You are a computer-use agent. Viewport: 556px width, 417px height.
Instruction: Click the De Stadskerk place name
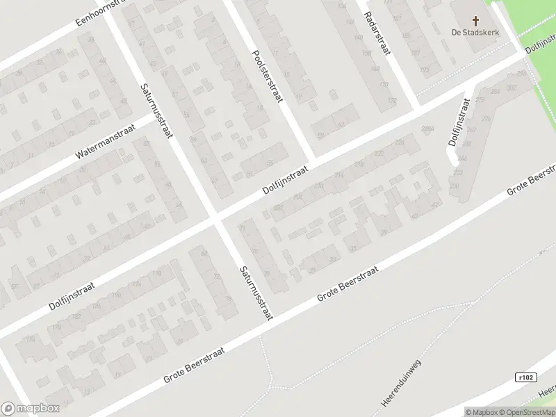tap(475, 33)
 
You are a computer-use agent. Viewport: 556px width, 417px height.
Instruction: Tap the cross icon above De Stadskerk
tap(475, 21)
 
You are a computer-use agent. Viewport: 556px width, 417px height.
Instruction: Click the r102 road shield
tap(527, 377)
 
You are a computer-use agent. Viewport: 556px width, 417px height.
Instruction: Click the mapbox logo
tap(30, 409)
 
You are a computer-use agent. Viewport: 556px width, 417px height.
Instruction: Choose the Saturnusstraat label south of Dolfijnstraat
tap(254, 293)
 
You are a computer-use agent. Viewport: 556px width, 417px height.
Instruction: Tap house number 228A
tap(428, 129)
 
